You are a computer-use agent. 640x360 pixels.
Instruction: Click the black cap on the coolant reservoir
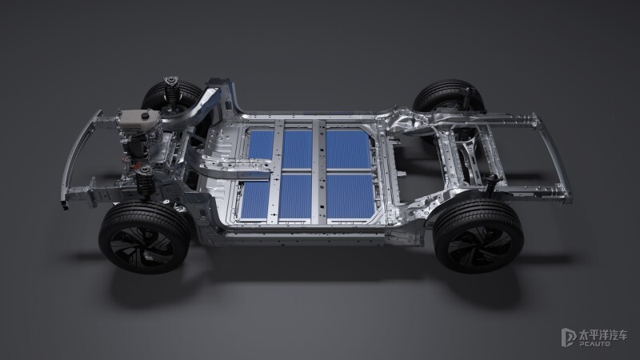(144, 116)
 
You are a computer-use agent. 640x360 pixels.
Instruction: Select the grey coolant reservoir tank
(138, 118)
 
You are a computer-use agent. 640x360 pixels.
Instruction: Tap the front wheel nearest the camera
(144, 237)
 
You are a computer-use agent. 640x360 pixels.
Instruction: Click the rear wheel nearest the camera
(478, 236)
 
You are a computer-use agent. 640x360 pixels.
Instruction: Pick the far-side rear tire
(448, 97)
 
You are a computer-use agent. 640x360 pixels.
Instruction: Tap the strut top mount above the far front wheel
(171, 81)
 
